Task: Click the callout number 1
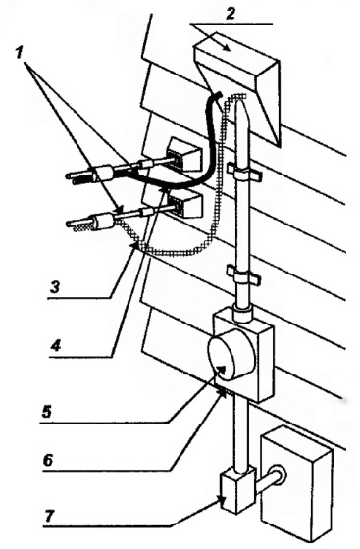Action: click(20, 53)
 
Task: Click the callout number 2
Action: click(231, 14)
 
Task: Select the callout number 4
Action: click(55, 346)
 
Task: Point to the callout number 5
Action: click(46, 412)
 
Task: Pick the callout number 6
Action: click(48, 460)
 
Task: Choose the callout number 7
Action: click(49, 515)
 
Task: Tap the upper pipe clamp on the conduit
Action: click(244, 173)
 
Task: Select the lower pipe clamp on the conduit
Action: click(244, 274)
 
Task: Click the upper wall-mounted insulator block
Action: click(185, 155)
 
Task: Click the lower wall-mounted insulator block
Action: click(185, 205)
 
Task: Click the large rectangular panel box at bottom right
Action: click(296, 486)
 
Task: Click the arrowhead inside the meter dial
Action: click(222, 371)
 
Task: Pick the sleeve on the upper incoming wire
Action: click(104, 173)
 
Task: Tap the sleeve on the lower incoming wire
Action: click(104, 222)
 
